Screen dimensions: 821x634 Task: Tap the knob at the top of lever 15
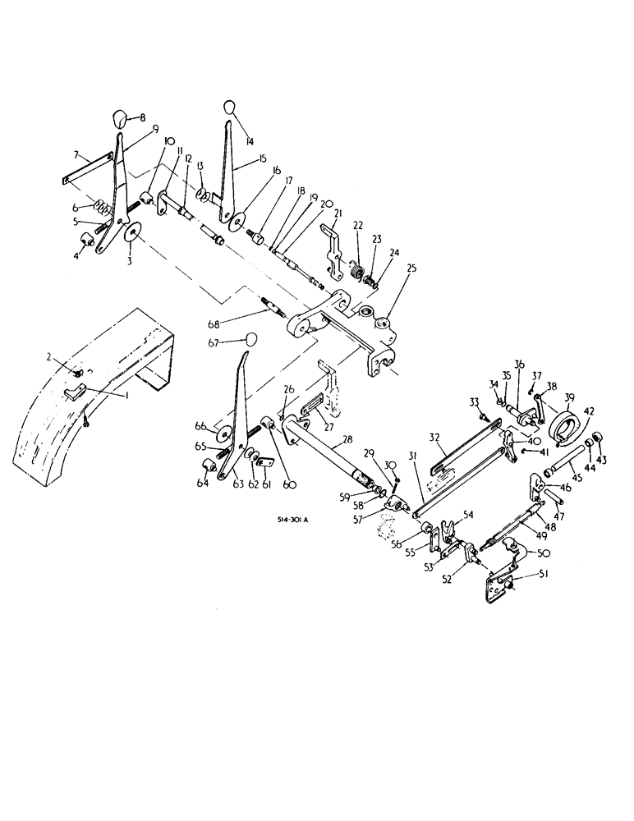229,108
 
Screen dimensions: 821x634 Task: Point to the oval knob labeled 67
253,338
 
